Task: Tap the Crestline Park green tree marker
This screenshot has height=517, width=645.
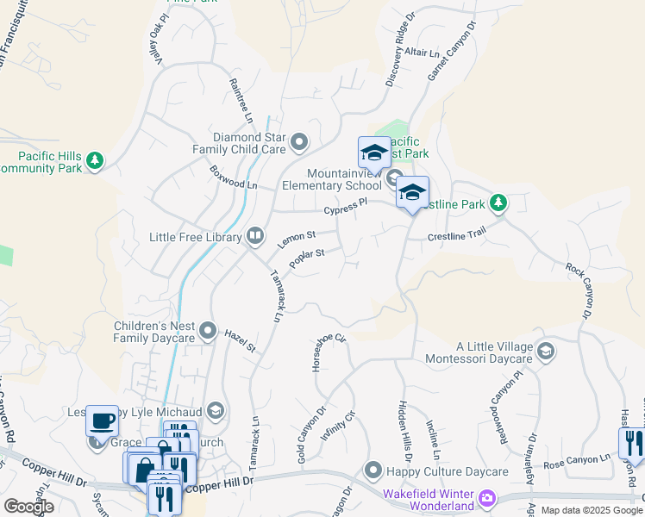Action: [498, 203]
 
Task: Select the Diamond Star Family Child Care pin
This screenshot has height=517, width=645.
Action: [299, 142]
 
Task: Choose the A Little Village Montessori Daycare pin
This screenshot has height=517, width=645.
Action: [545, 352]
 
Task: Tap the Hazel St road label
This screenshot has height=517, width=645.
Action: [241, 339]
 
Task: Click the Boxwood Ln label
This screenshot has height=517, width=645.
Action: [234, 178]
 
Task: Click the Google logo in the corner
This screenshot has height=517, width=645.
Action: [28, 507]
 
